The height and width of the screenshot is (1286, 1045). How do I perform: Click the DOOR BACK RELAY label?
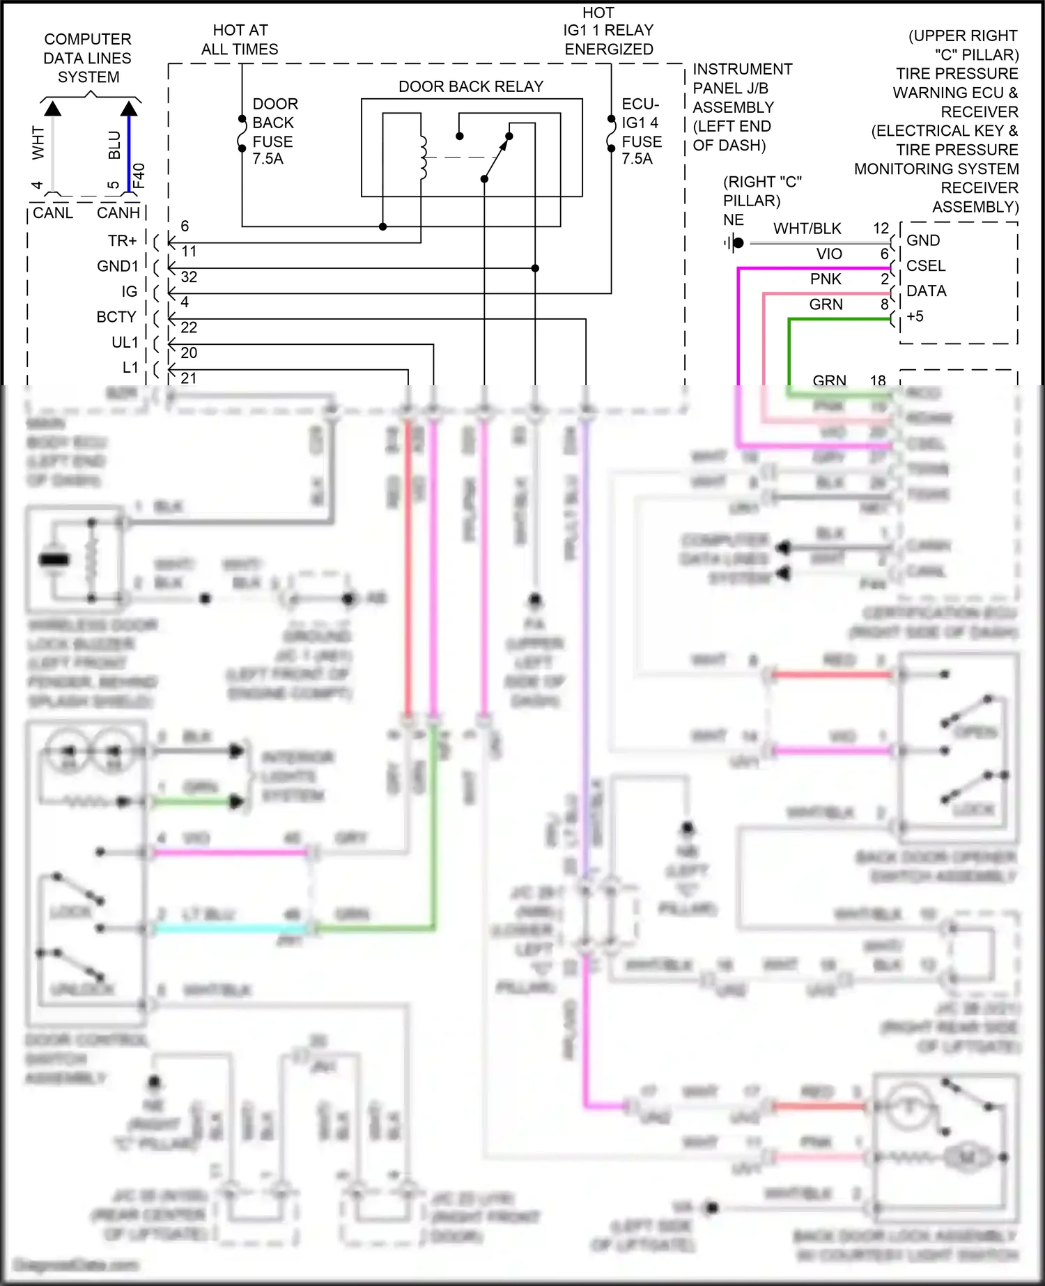pyautogui.click(x=470, y=86)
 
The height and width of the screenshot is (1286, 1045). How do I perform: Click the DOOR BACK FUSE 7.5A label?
pyautogui.click(x=274, y=131)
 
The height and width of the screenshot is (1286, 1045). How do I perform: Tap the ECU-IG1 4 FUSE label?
pyautogui.click(x=641, y=131)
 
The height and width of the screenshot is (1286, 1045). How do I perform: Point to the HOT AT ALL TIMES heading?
pyautogui.click(x=240, y=40)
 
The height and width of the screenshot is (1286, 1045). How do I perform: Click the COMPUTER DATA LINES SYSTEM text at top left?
pyautogui.click(x=88, y=58)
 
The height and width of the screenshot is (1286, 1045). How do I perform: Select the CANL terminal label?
pyautogui.click(x=53, y=213)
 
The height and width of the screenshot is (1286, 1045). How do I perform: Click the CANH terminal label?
pyautogui.click(x=118, y=213)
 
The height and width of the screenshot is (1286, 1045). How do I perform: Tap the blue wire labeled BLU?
pyautogui.click(x=129, y=150)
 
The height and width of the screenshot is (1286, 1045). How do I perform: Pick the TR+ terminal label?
pyautogui.click(x=122, y=241)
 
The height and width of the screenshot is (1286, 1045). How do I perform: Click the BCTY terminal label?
pyautogui.click(x=116, y=317)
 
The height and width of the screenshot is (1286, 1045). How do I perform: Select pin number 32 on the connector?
pyautogui.click(x=189, y=277)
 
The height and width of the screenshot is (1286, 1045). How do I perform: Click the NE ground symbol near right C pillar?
pyautogui.click(x=734, y=242)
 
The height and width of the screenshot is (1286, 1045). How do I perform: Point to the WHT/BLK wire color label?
pyautogui.click(x=807, y=228)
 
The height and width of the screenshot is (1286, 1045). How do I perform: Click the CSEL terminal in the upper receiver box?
pyautogui.click(x=926, y=266)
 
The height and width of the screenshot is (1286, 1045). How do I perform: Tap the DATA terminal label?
pyautogui.click(x=926, y=291)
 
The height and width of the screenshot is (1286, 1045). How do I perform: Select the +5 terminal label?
pyautogui.click(x=915, y=316)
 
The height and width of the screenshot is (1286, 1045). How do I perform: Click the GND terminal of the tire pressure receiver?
pyautogui.click(x=923, y=240)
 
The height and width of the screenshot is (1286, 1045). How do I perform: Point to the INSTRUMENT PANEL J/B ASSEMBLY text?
pyautogui.click(x=741, y=107)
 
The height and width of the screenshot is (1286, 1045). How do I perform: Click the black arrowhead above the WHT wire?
pyautogui.click(x=52, y=109)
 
